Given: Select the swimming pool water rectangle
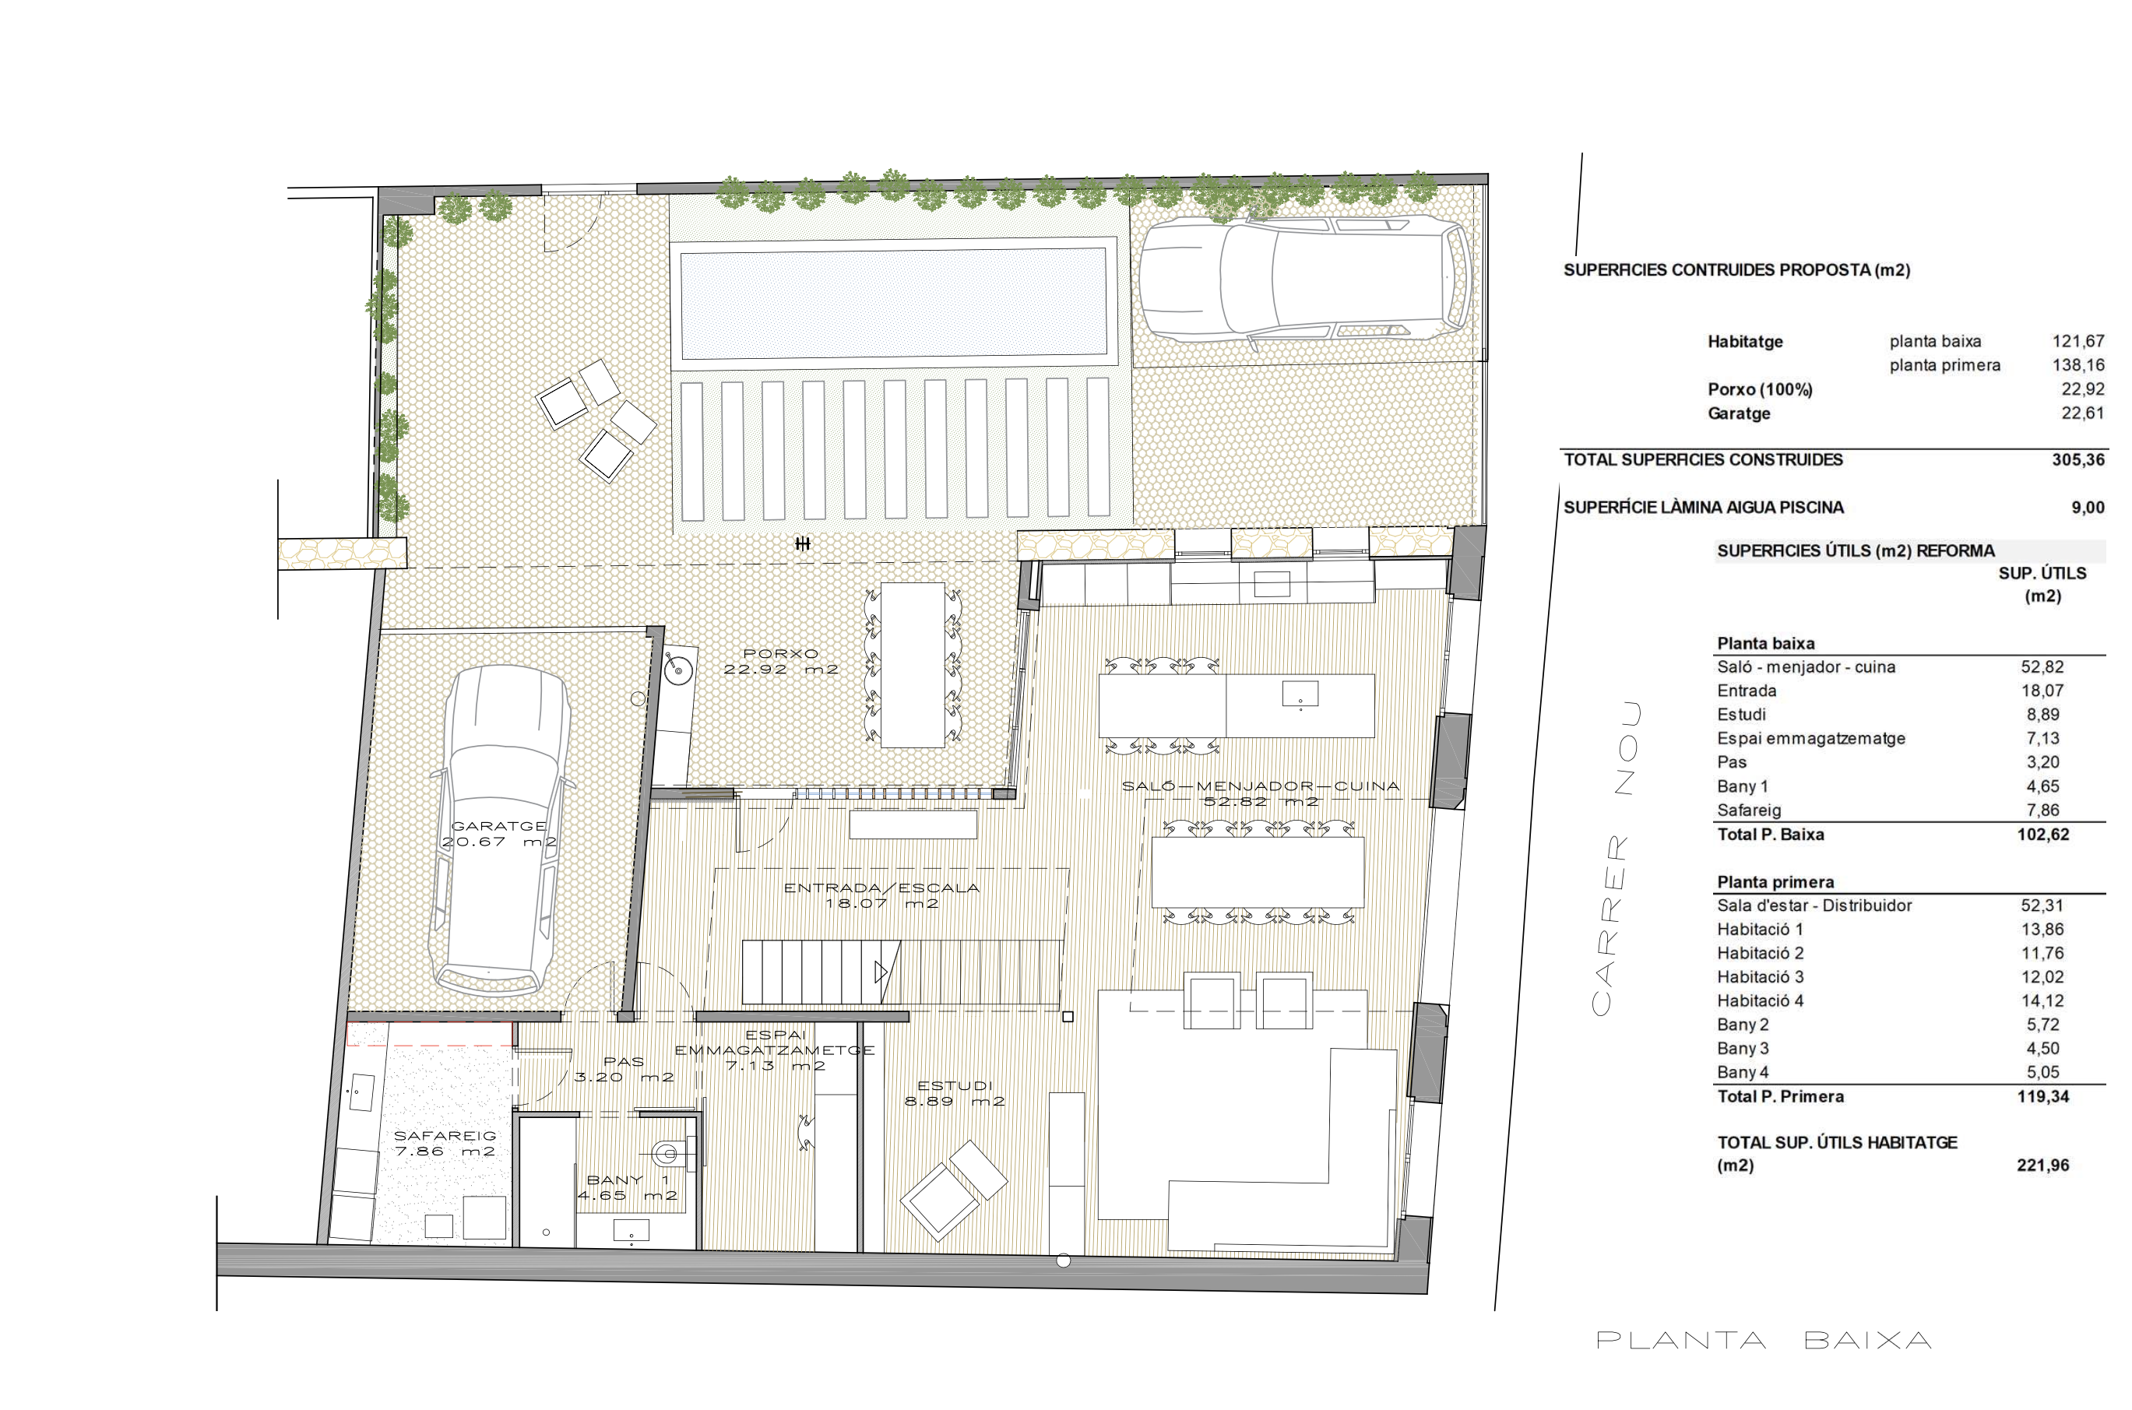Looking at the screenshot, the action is pos(893,302).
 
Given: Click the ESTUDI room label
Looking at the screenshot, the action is pos(954,1093).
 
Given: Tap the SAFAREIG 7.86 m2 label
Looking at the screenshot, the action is pos(445,1144).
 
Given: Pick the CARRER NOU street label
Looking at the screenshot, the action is pos(1615,860).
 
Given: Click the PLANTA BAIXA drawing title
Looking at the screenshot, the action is pos(1764,1341).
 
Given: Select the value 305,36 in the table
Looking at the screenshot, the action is pos(2078,459).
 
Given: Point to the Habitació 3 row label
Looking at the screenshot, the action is pos(1760,976).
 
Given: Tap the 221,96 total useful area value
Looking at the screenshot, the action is pos(2043,1166).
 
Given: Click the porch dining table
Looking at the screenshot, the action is pos(913,666).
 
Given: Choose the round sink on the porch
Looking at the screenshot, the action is pos(677,668).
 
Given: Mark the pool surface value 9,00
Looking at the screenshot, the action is pos(2088,507).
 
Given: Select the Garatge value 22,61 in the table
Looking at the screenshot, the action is pos(2082,413).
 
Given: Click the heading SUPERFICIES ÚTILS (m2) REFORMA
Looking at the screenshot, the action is pos(1855,550).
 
